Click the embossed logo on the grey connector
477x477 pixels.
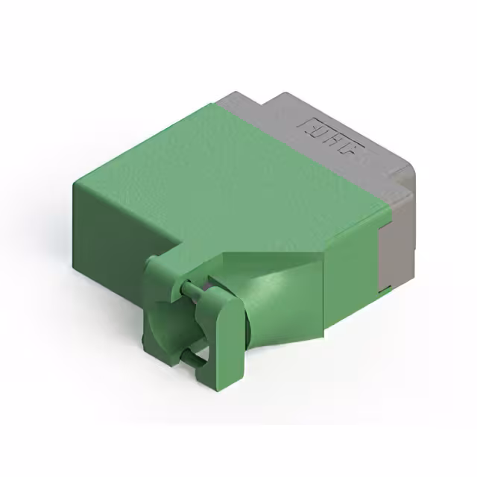pyautogui.click(x=332, y=142)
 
